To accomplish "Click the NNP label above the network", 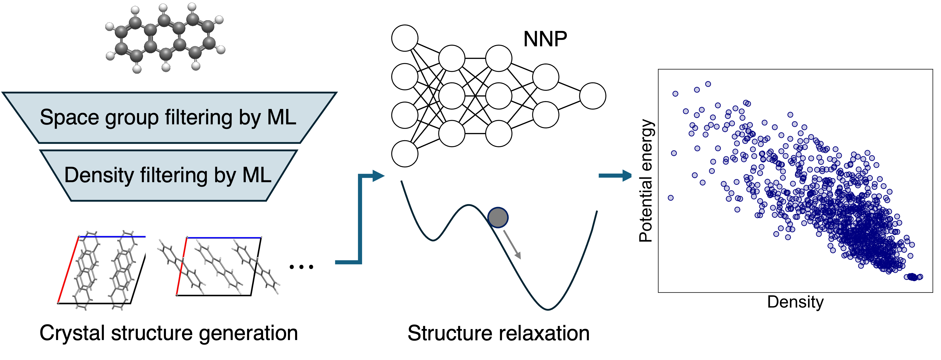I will click(545, 39).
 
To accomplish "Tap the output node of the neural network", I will click(592, 96).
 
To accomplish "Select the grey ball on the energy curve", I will click(498, 217).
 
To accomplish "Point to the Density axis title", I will click(795, 302).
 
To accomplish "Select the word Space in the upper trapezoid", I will click(69, 118).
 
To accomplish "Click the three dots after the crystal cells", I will click(301, 267).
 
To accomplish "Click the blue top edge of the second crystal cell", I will click(224, 237).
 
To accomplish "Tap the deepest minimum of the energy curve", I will click(548, 309).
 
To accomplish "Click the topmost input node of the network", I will click(405, 38).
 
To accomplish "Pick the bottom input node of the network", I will click(405, 154).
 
